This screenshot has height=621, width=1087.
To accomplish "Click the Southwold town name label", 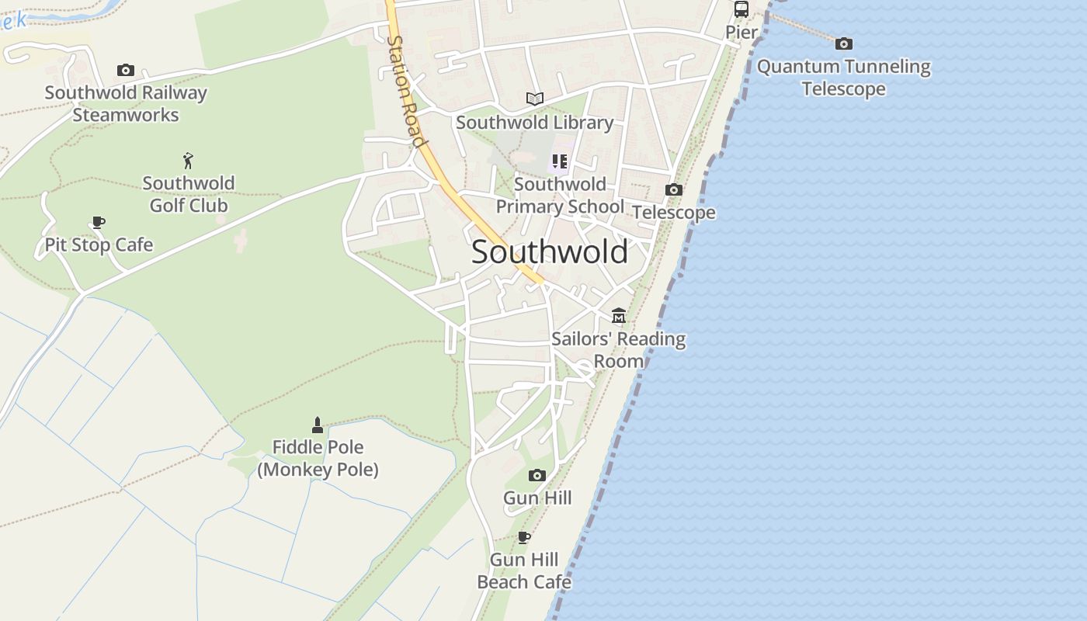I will pos(549,252).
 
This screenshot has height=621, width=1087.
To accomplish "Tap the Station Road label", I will pos(406,92).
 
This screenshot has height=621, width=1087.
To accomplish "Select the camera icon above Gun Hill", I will pos(537,475).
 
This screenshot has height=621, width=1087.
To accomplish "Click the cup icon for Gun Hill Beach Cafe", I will pos(524,537).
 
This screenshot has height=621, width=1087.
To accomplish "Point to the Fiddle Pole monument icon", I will pos(317,425).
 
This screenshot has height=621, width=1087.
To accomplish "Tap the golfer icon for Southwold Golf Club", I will pos(188,161).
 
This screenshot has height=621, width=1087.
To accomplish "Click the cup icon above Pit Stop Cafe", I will pos(99,223).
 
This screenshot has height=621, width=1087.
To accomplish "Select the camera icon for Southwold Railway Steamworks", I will pos(126,71).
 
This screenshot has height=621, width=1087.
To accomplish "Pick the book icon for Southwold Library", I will pos(534,99).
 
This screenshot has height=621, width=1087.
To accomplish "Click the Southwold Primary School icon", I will pos(560,161).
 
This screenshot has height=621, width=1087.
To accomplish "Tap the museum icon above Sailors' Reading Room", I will pos(618,316).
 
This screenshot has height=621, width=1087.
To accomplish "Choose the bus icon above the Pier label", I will pos(741,9).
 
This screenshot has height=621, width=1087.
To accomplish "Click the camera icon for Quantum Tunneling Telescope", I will pos(844,43).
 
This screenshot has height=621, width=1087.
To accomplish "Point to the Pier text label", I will pos(741,32).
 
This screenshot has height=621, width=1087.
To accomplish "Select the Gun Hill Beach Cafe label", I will pos(524,571).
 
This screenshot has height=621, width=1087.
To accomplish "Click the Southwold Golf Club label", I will pos(189,194).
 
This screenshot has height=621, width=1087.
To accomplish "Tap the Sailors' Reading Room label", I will pos(619,350).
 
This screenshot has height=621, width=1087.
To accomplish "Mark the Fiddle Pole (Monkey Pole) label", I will pos(318,459).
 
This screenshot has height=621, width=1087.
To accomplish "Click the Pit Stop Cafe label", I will pos(99,245).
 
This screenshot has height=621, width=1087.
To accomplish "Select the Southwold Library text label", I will pos(534,123).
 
